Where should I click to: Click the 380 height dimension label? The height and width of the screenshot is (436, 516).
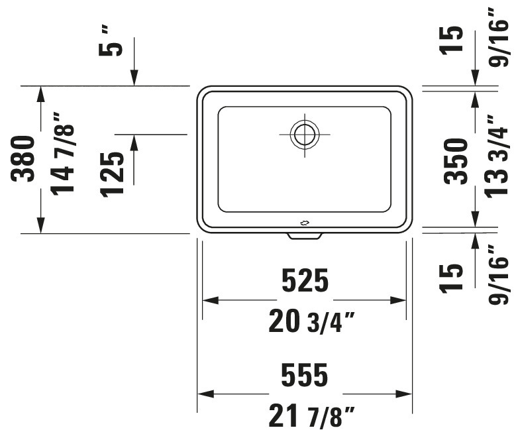pos(23,159)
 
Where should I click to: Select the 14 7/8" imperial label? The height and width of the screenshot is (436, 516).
pos(62,154)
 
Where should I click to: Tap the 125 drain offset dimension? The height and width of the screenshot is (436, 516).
pos(112,175)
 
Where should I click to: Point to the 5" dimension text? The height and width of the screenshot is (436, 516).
pos(111,42)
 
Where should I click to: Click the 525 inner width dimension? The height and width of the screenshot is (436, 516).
pos(305,280)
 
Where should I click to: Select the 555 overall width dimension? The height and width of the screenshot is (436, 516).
pos(305,374)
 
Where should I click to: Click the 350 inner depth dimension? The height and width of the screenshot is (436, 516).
pos(456,161)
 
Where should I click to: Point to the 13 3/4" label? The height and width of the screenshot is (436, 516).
pos(497,156)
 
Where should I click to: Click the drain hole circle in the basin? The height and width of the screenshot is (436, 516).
pos(305,135)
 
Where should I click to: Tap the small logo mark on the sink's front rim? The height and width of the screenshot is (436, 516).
pos(305,223)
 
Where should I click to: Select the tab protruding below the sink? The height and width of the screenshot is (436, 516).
pos(305,236)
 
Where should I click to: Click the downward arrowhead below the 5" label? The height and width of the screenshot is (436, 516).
pos(134,78)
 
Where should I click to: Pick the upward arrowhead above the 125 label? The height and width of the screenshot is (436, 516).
pos(134,142)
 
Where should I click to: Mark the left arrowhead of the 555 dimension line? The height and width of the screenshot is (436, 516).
pos(206,394)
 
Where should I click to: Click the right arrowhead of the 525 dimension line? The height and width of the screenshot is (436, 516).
pos(398,300)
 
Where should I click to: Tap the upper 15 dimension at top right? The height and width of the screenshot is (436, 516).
pos(452,40)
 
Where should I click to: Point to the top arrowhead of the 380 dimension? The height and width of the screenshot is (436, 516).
pos(40,94)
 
